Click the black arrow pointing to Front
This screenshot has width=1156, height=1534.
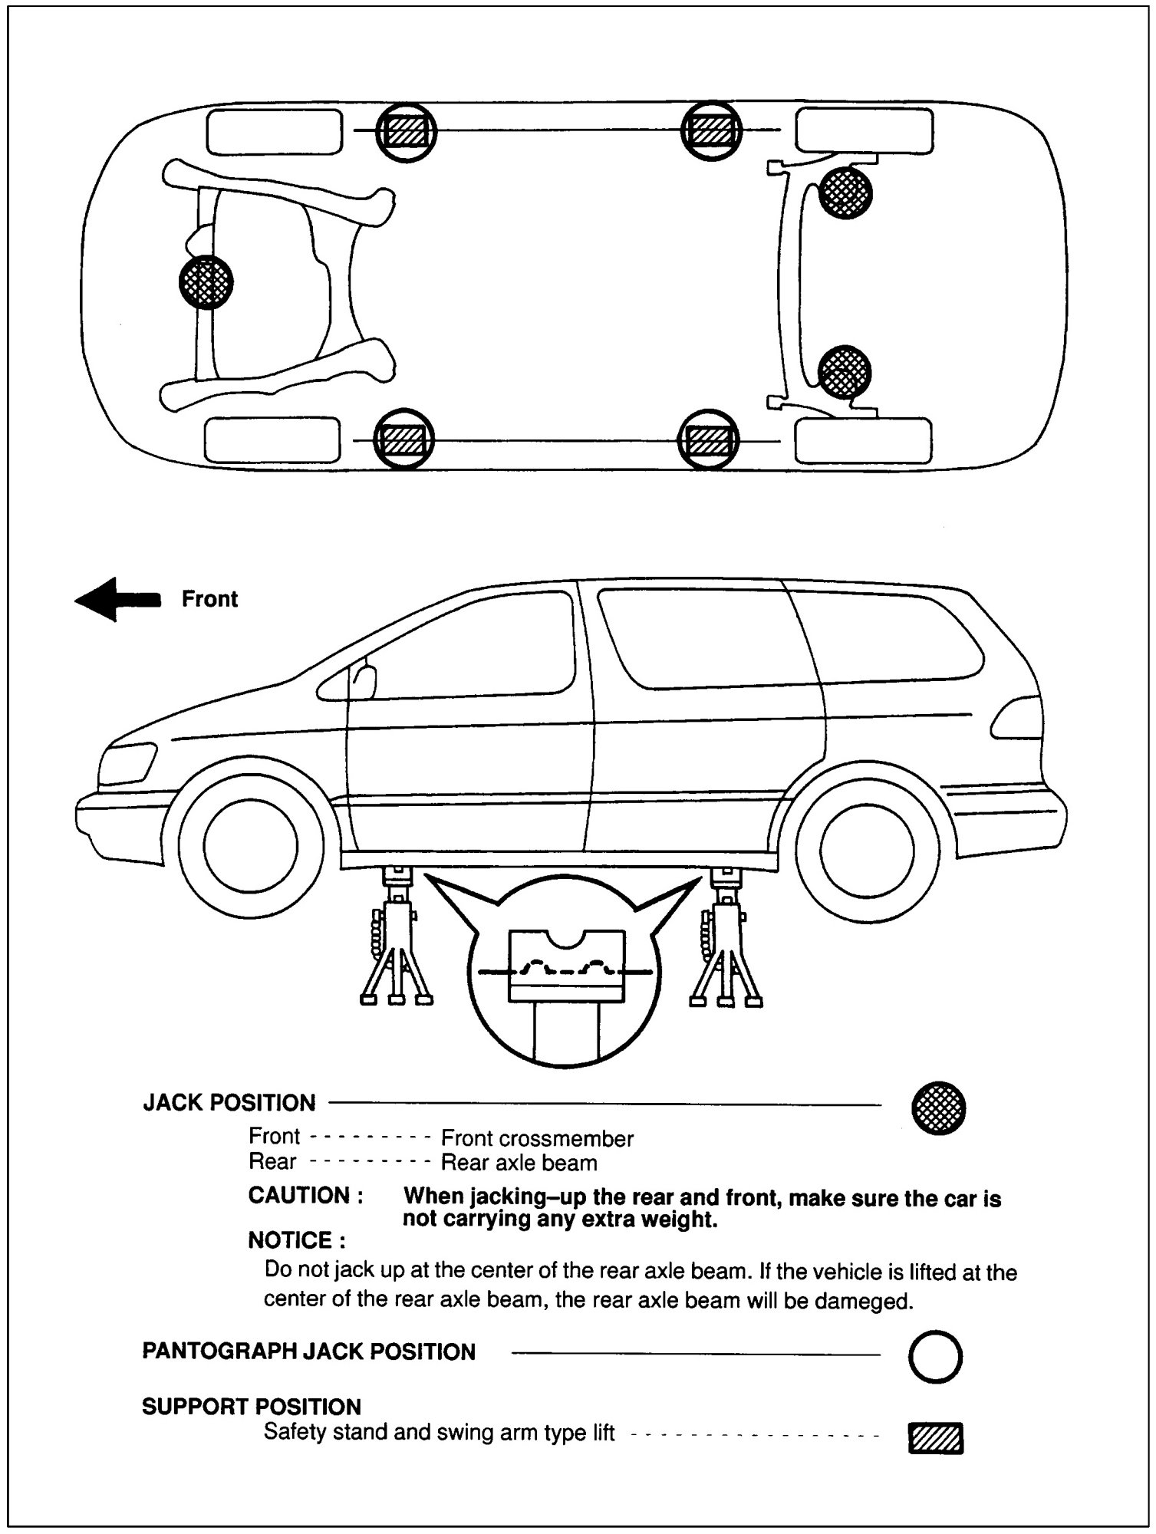coord(117,599)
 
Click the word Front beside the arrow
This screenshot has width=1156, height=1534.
coord(209,599)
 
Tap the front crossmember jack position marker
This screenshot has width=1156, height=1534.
coord(206,282)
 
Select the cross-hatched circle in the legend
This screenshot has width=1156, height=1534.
coord(938,1108)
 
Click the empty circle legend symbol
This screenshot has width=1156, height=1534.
coord(935,1357)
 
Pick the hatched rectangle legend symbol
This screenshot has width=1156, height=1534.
coord(936,1438)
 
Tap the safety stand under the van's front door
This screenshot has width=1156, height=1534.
coord(396,940)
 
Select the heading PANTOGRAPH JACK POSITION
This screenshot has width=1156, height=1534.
coord(308,1351)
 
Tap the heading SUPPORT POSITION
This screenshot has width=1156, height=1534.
coord(252,1407)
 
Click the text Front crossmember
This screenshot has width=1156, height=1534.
coord(537,1138)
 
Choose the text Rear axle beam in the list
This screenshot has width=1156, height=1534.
coord(519,1164)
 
